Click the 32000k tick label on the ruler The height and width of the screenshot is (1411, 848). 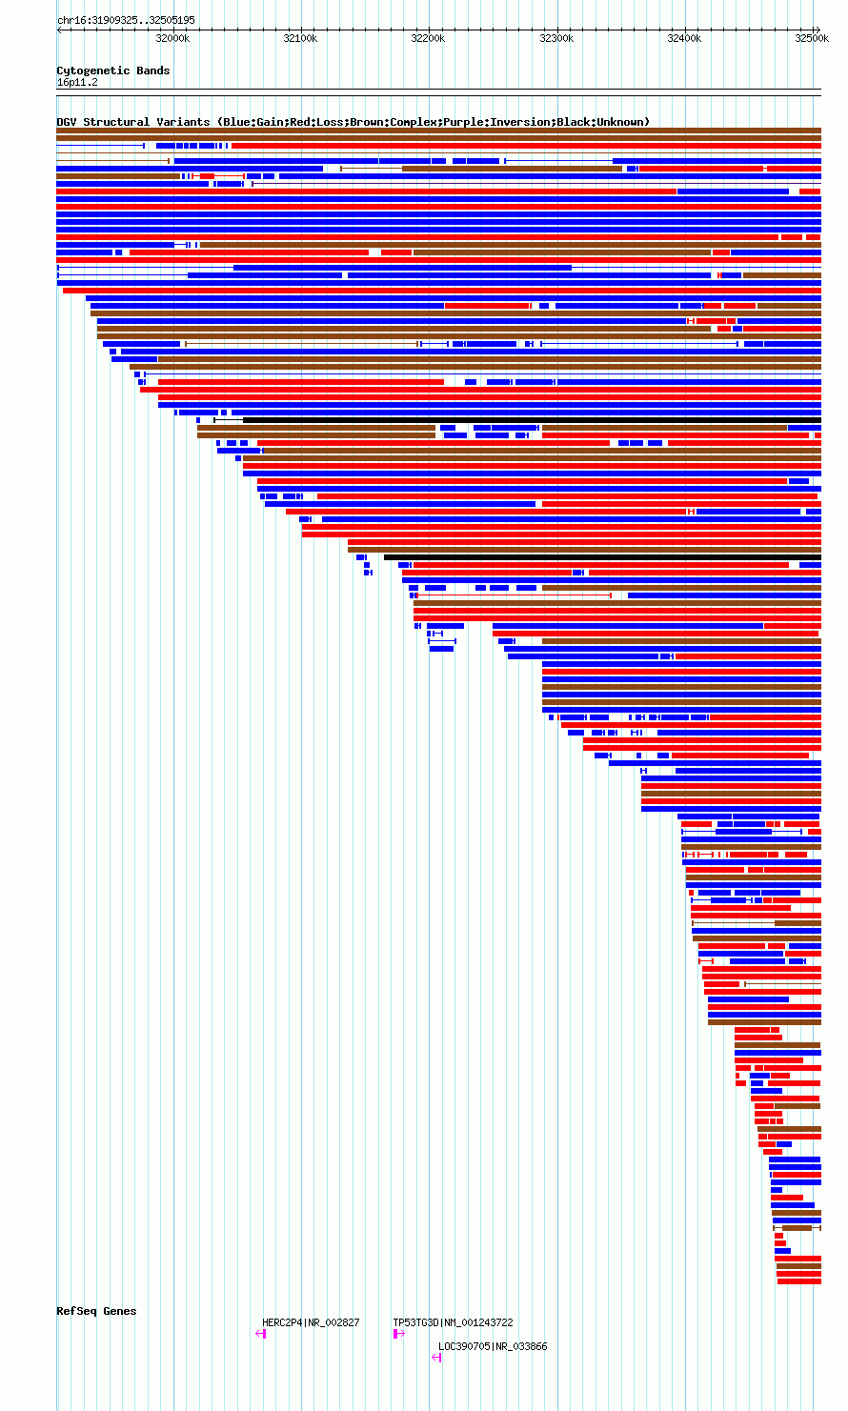[x=172, y=38]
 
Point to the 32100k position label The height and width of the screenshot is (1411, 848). [x=300, y=38]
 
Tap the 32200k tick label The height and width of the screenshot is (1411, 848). [x=428, y=38]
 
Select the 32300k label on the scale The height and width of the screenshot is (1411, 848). [x=556, y=38]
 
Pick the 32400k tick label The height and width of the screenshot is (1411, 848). [x=684, y=38]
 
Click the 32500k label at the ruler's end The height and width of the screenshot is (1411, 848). [x=812, y=38]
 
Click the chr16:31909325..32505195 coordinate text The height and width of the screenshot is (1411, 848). [x=126, y=20]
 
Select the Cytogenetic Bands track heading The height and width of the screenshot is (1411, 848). [x=112, y=71]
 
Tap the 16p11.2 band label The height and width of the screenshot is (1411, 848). [x=77, y=82]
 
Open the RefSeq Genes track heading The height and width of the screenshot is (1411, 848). [x=96, y=1311]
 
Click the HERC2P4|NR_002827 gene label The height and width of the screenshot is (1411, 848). [x=311, y=1322]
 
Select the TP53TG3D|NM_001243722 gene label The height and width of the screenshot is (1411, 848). [x=453, y=1322]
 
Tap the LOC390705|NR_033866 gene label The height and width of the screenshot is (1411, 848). [x=493, y=1346]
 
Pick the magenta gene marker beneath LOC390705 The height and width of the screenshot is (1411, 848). [x=436, y=1358]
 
